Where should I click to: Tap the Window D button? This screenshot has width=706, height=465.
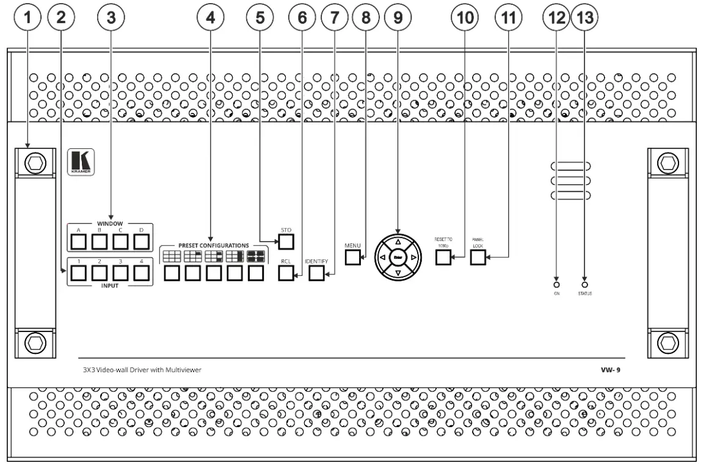click(x=141, y=242)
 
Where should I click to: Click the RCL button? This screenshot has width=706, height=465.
click(x=286, y=273)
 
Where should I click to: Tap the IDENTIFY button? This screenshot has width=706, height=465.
click(x=316, y=273)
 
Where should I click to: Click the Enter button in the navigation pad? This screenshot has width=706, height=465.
click(x=398, y=258)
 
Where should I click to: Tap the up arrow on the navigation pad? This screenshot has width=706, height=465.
click(x=398, y=242)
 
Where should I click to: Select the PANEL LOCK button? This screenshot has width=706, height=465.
click(x=478, y=257)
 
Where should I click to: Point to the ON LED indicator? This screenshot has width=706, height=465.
click(x=556, y=284)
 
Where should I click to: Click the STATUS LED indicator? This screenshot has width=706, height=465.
click(x=585, y=284)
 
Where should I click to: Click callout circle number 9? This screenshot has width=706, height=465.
click(x=398, y=18)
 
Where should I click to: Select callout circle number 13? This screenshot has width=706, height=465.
click(x=584, y=18)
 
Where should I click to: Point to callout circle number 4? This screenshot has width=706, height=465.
click(x=211, y=18)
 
